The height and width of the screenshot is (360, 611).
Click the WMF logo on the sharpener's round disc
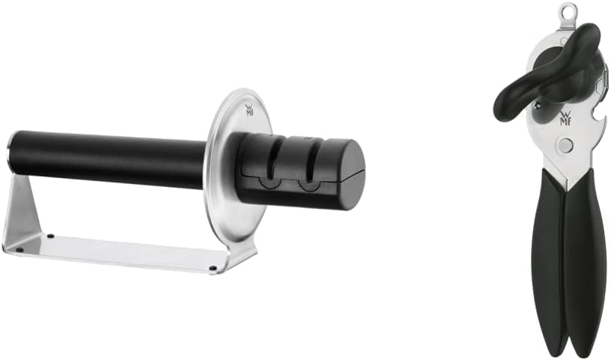(x=249, y=110)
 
